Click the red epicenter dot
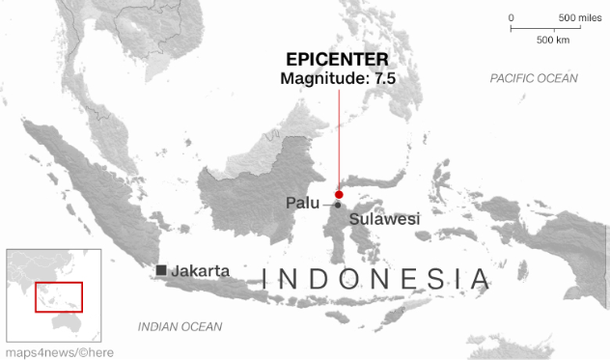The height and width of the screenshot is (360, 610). click(339, 195)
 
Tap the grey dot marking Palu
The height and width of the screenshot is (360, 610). click(338, 205)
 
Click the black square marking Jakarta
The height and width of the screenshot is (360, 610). click(161, 270)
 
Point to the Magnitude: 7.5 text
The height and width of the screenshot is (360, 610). click(338, 79)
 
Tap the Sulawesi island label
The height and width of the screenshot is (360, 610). click(385, 220)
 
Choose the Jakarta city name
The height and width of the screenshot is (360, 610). click(200, 270)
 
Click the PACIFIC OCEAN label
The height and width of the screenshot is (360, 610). click(533, 78)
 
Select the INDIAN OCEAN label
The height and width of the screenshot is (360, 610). click(180, 326)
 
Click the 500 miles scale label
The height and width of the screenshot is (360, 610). click(580, 18)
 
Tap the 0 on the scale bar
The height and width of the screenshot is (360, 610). click(512, 18)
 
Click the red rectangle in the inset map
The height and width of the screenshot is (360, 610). click(59, 296)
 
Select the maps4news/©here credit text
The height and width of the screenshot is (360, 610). click(58, 352)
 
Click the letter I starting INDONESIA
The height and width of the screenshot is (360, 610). click(267, 280)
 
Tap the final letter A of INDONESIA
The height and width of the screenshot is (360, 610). click(480, 280)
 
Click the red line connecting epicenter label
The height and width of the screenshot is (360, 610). click(339, 135)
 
